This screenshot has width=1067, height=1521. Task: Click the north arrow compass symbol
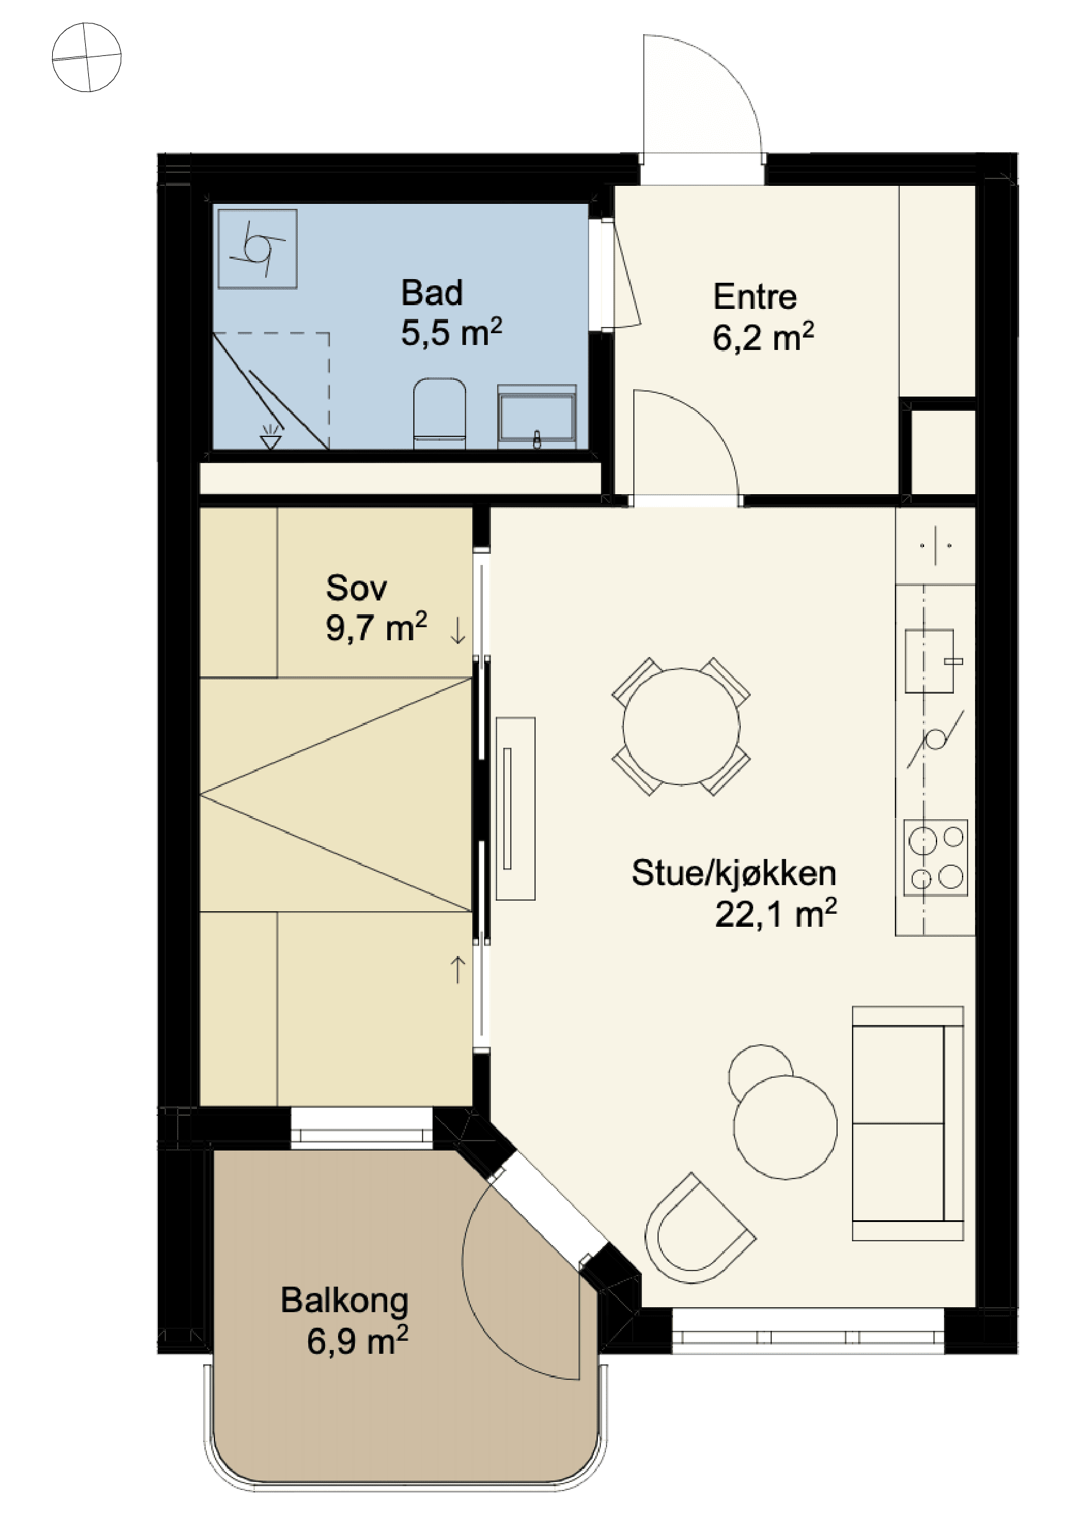(x=87, y=57)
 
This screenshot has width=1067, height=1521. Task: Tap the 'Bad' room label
(x=431, y=293)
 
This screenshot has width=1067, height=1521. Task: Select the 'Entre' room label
(x=754, y=296)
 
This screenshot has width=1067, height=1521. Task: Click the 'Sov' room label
(x=356, y=587)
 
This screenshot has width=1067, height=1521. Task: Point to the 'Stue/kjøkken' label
(x=734, y=873)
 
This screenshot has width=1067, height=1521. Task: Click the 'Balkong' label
(x=344, y=1300)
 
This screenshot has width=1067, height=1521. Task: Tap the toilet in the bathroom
(x=439, y=413)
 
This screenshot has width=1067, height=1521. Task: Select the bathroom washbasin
(x=536, y=416)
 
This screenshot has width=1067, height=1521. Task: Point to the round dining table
(x=681, y=726)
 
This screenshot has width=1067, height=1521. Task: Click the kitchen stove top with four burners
(x=935, y=857)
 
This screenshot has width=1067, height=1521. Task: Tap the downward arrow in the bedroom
(x=457, y=630)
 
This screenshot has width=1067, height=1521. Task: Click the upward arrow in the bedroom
(x=457, y=969)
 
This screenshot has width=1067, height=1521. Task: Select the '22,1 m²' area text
(x=776, y=914)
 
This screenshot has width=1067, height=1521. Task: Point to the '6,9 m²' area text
(x=357, y=1341)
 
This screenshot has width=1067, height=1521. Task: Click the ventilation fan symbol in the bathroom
(x=258, y=249)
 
